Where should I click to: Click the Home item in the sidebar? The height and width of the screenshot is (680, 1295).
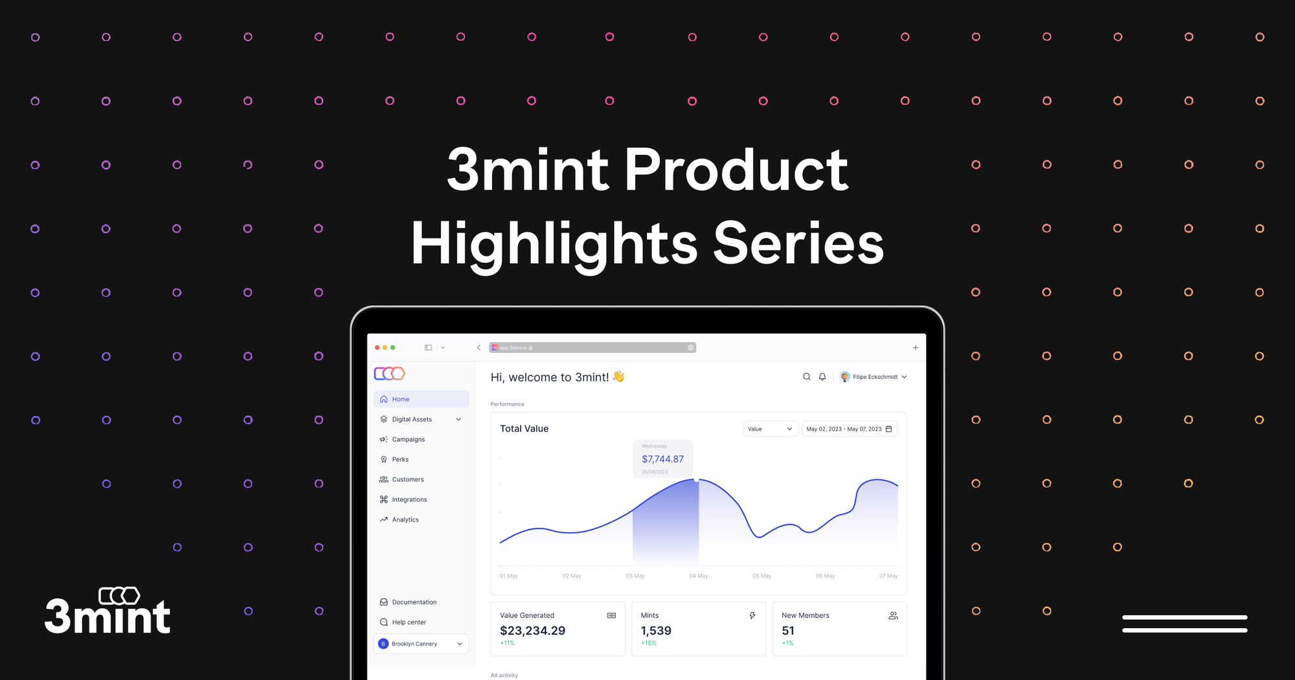(x=401, y=399)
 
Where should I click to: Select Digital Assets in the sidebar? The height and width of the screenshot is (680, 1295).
(x=412, y=419)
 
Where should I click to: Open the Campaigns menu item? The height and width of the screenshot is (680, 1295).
(x=408, y=439)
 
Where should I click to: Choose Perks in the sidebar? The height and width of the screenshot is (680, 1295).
(x=400, y=459)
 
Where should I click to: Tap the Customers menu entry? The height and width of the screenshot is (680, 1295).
(x=407, y=479)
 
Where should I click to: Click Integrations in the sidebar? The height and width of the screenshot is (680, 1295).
(x=409, y=499)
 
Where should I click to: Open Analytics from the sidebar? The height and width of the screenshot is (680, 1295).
(x=405, y=519)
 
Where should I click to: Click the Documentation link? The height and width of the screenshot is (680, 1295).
(x=414, y=602)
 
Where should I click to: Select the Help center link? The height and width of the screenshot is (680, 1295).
(x=409, y=622)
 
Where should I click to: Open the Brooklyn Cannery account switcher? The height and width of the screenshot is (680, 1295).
(x=421, y=644)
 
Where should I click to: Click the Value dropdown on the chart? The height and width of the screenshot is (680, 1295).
(x=769, y=429)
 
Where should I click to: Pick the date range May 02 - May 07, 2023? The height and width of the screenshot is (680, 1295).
(x=848, y=429)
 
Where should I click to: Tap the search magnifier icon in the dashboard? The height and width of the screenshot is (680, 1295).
(x=807, y=376)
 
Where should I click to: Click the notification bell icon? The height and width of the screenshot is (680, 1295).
(x=822, y=376)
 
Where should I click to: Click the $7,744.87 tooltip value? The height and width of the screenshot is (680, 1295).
(x=662, y=459)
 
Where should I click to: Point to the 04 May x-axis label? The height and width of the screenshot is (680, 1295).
(x=698, y=576)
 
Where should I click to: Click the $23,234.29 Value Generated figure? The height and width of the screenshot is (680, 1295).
(x=532, y=631)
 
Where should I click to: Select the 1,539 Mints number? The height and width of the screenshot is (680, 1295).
(x=656, y=631)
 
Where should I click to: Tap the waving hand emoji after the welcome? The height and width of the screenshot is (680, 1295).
(x=618, y=376)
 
